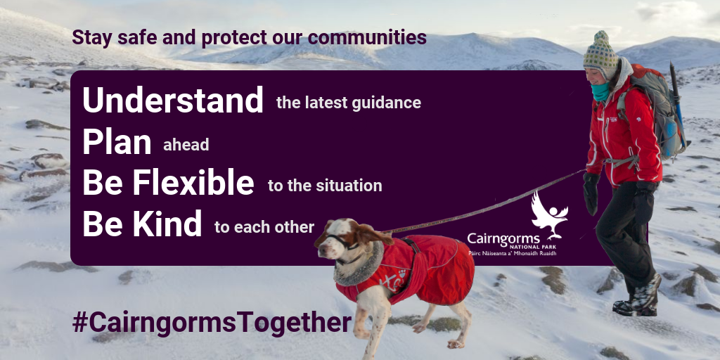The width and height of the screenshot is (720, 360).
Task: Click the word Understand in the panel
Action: (173, 100)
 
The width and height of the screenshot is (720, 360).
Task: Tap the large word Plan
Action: (117, 143)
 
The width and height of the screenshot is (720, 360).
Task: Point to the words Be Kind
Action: (142, 223)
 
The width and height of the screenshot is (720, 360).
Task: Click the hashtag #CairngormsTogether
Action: (212, 323)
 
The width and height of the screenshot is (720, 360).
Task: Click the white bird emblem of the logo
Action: (549, 215)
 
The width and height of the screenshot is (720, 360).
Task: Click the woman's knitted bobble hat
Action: (601, 54)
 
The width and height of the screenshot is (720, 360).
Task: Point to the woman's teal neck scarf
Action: (600, 91)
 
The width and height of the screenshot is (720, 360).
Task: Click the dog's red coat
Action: (409, 269)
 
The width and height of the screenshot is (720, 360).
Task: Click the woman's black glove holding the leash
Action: (591, 193)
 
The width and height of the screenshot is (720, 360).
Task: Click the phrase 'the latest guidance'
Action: (349, 103)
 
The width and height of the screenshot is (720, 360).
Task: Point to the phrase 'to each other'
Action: (264, 227)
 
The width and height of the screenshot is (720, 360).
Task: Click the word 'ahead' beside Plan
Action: (186, 145)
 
